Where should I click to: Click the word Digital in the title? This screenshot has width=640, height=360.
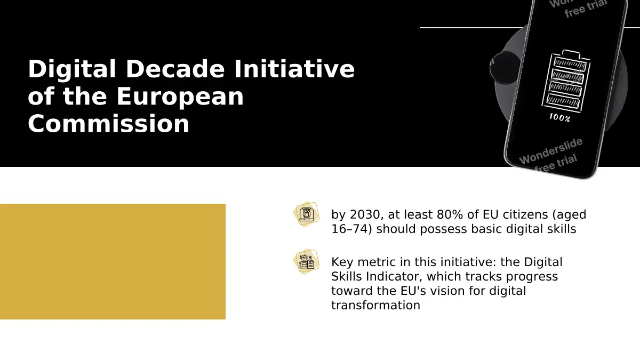(72, 69)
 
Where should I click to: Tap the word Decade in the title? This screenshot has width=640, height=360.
(175, 69)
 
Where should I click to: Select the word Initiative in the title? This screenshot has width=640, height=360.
(294, 69)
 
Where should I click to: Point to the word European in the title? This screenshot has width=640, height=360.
(180, 97)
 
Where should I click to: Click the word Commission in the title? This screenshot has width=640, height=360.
(109, 124)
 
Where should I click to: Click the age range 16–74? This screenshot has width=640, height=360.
(351, 229)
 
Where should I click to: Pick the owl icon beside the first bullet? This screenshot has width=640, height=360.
(307, 214)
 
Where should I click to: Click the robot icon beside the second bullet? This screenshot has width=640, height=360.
(307, 262)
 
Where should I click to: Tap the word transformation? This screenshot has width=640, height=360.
(375, 305)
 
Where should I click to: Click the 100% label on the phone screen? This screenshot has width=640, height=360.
(559, 118)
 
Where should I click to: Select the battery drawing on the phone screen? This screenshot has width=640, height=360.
(566, 81)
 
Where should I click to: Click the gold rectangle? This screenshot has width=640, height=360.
(113, 261)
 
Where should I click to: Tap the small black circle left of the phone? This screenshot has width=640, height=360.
(505, 68)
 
